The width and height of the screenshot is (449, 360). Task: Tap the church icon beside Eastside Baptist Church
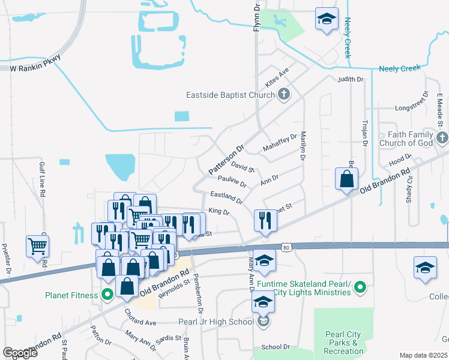point(284,94)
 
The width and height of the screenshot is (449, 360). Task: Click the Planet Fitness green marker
point(107,295)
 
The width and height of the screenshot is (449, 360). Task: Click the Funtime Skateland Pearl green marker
point(360,287)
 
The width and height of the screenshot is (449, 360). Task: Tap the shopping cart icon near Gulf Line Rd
point(37,245)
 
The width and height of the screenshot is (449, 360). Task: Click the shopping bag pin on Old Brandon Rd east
point(347,179)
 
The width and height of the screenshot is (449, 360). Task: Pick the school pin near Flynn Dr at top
point(326,19)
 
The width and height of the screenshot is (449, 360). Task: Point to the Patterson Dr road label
point(226,160)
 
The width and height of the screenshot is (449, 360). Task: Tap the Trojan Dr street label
point(364,133)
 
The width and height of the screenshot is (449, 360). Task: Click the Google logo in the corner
point(20,352)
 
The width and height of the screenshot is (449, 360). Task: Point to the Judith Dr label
point(351,79)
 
